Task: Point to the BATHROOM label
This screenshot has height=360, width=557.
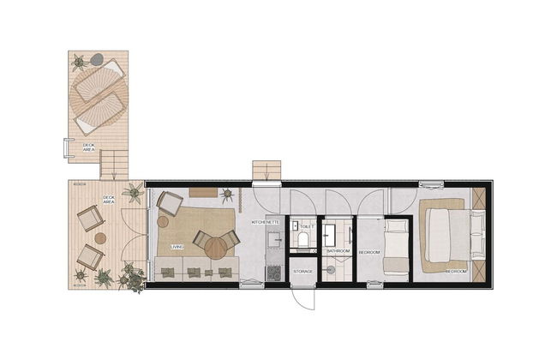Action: click(x=338, y=252)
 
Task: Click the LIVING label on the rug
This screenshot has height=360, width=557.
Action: click(x=177, y=247)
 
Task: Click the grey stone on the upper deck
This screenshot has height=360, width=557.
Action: click(x=98, y=59)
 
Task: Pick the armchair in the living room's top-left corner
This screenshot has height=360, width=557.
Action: click(x=169, y=204)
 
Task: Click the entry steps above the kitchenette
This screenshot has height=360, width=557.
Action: click(x=267, y=170)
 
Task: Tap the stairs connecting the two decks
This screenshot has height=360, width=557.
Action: click(x=113, y=164)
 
